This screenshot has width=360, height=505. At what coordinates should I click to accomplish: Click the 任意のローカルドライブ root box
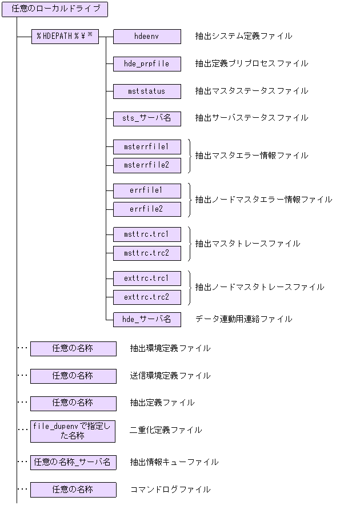[x=55, y=9]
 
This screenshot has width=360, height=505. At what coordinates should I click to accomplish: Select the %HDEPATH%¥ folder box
[x=65, y=37]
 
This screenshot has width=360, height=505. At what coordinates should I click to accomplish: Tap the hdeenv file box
[x=147, y=37]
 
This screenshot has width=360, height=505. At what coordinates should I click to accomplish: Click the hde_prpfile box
[x=147, y=64]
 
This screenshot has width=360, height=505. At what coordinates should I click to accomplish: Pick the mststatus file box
[x=147, y=91]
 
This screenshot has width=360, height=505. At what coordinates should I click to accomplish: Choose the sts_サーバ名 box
[x=147, y=118]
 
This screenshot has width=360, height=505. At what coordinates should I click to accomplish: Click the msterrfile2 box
[x=147, y=165]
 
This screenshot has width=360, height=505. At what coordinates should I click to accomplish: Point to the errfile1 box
[x=147, y=190]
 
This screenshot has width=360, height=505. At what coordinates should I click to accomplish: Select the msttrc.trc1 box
[x=147, y=234]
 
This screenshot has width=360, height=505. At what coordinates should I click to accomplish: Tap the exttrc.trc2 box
[x=147, y=297]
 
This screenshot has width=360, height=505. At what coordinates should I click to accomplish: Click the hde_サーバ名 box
[x=147, y=319]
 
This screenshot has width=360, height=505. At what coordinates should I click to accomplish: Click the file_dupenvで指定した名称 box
[x=73, y=431]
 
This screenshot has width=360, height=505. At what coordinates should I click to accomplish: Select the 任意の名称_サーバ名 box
[x=73, y=462]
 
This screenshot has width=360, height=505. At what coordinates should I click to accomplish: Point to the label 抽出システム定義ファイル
[x=243, y=37]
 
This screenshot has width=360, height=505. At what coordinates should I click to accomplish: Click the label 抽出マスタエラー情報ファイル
[x=251, y=156]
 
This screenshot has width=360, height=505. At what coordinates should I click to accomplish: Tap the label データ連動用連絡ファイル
[x=243, y=319]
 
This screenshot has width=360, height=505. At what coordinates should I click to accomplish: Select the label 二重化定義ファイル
[x=166, y=431]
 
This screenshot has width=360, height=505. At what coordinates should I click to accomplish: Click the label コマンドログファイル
[x=170, y=490]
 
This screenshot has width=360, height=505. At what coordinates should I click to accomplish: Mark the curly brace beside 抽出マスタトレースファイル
[x=189, y=244]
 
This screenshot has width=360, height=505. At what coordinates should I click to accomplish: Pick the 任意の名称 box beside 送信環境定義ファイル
[x=73, y=376]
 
